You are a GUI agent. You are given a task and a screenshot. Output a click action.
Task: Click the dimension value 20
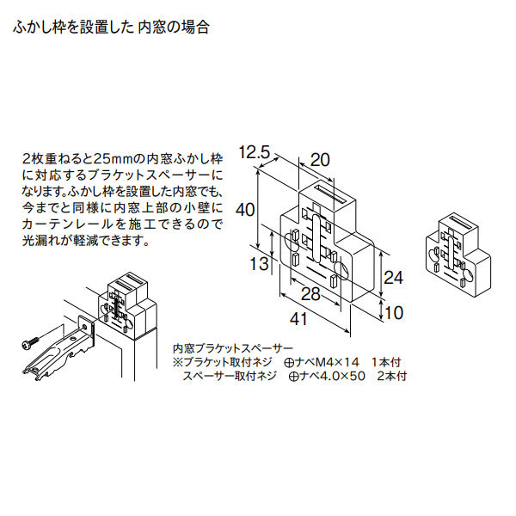pyautogui.click(x=319, y=159)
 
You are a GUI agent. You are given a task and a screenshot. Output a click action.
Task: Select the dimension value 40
pyautogui.click(x=247, y=210)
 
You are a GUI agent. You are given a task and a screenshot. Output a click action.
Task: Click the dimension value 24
pyautogui.click(x=392, y=278)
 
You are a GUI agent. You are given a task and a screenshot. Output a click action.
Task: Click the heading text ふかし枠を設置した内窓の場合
pyautogui.click(x=110, y=27)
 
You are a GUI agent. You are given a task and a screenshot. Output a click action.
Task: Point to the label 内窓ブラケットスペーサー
pyautogui.click(x=233, y=349)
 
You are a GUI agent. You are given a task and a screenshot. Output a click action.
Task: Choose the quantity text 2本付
pyautogui.click(x=391, y=377)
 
